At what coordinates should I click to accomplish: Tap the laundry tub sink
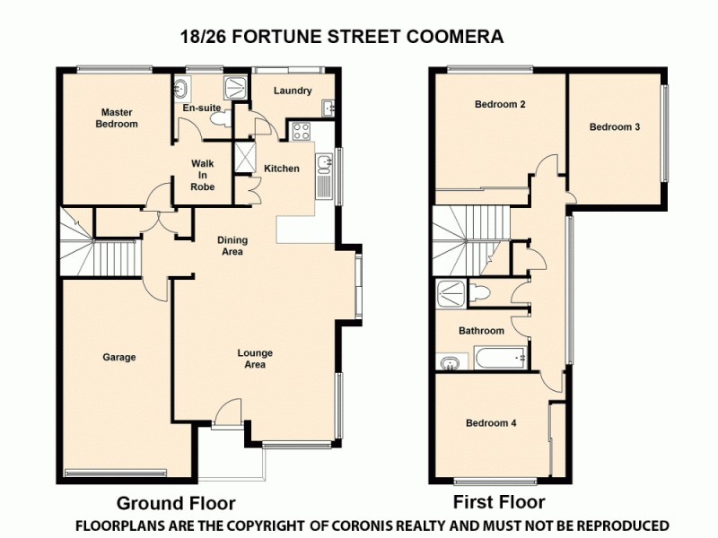coord(329,108)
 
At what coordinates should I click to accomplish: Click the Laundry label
coord(293,91)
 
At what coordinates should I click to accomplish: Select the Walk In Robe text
coord(201,175)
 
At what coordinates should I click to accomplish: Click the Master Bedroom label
coord(117,118)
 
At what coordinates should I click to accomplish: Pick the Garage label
coord(118,357)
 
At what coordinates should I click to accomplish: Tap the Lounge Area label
coord(255,359)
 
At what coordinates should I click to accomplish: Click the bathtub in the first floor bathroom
coord(499,360)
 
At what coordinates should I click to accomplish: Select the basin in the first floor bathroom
coord(449,361)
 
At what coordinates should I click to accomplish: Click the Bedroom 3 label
coord(614,126)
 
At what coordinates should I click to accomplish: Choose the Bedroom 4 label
coord(490,422)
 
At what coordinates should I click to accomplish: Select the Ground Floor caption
coord(176,502)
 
